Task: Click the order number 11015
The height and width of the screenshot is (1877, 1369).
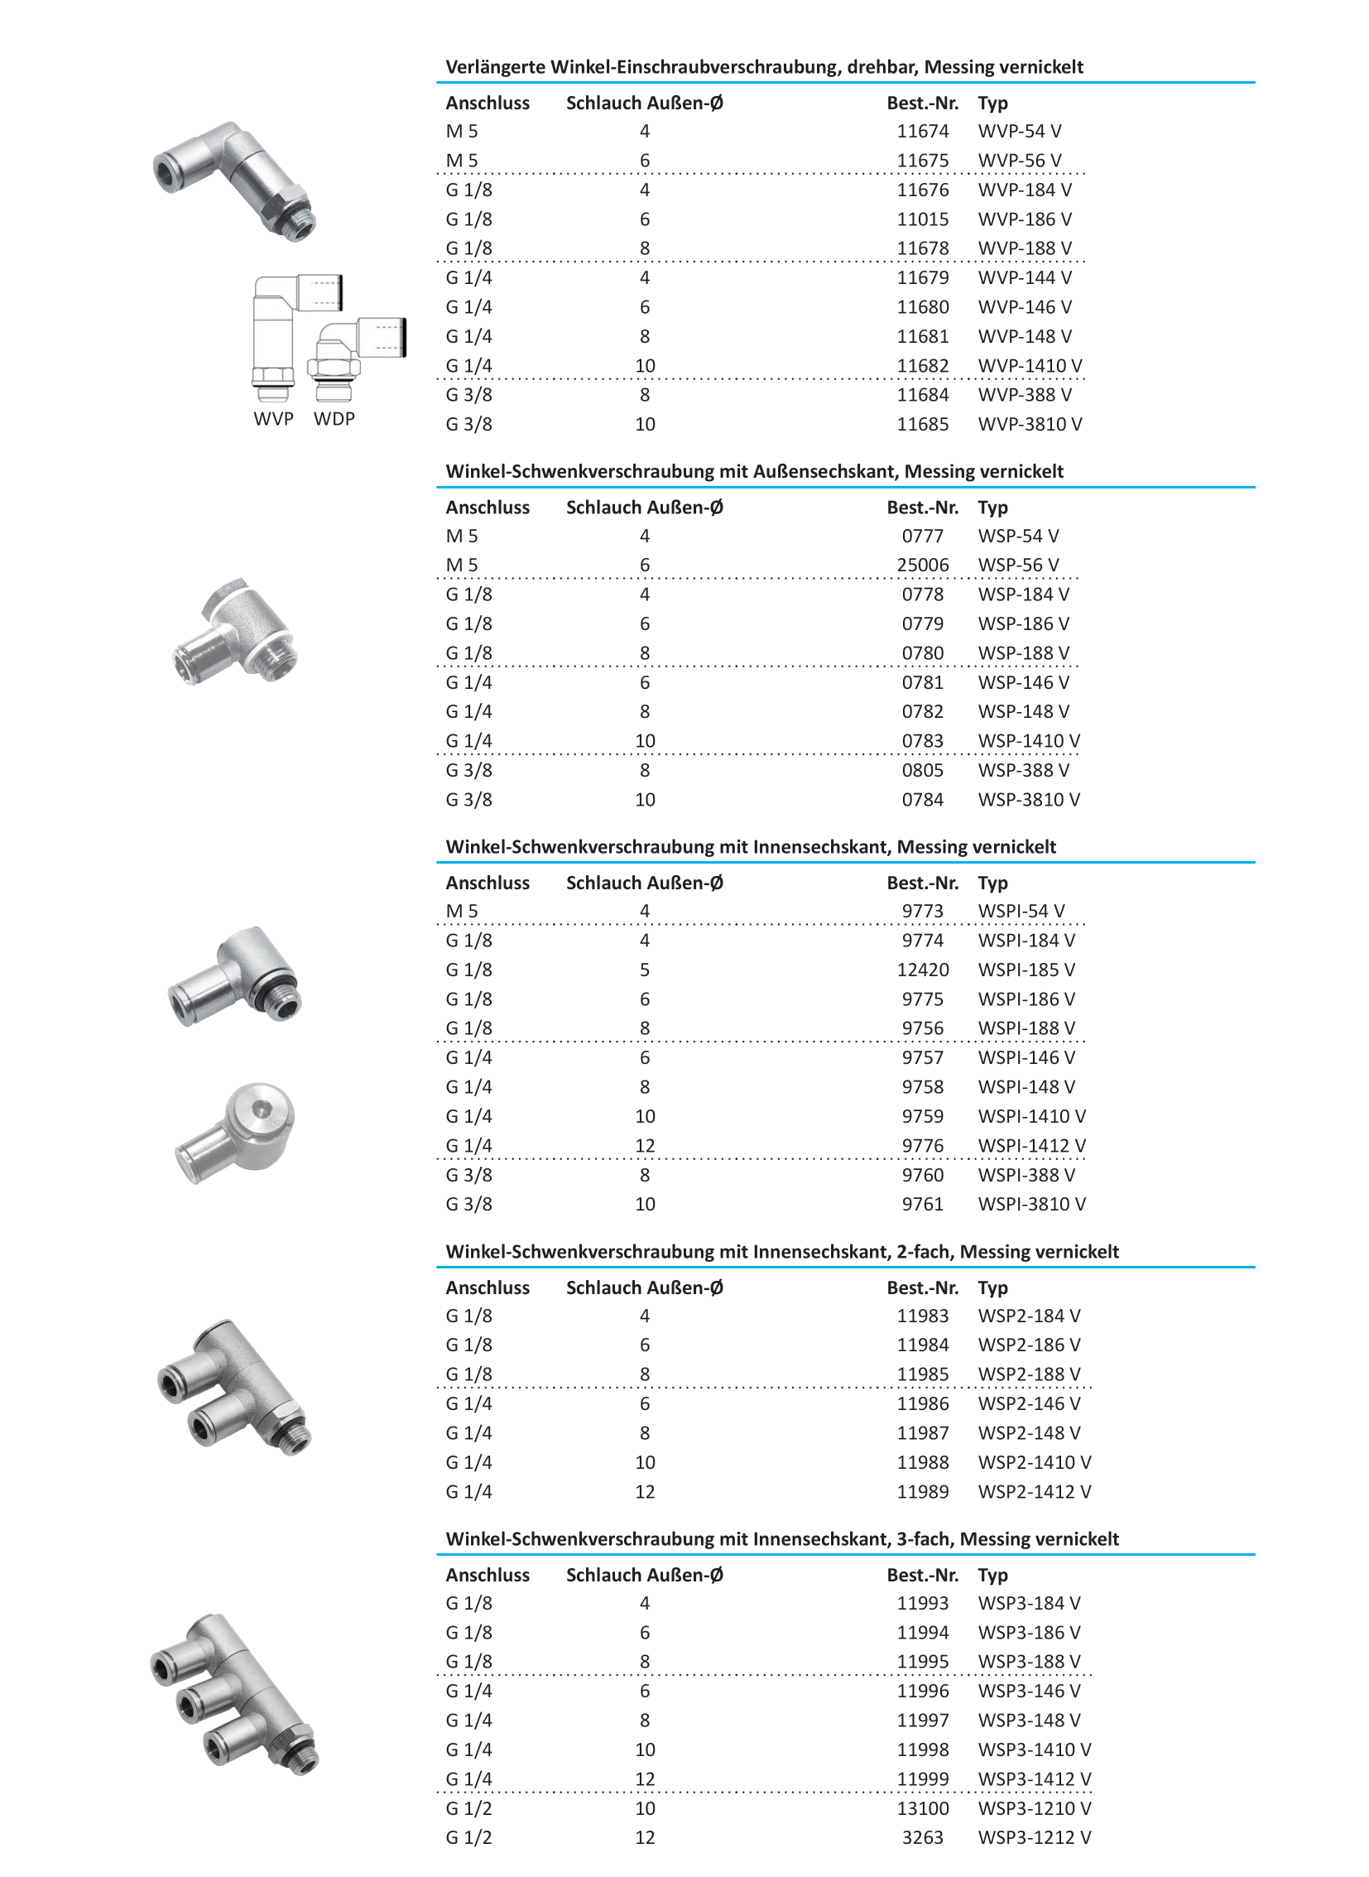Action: tap(922, 219)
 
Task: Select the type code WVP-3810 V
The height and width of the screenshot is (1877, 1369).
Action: tap(1030, 425)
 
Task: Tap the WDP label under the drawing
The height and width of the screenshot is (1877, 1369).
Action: tap(334, 419)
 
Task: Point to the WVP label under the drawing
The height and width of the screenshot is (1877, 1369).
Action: tap(273, 419)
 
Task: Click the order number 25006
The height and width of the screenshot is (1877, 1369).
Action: tap(922, 566)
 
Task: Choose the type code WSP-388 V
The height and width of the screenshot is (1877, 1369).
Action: tap(1023, 770)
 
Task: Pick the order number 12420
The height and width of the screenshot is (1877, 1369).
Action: tap(922, 970)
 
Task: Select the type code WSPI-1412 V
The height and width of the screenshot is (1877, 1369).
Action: tap(1032, 1146)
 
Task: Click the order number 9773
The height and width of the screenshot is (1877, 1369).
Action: tap(922, 911)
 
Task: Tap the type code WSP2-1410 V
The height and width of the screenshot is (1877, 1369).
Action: tap(1035, 1462)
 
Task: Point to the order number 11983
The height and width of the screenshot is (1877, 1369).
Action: tap(922, 1316)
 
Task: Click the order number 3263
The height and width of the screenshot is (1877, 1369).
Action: tap(922, 1838)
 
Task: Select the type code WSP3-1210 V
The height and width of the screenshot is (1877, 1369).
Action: tap(1035, 1808)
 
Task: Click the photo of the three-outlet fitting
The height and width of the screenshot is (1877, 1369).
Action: tap(233, 1695)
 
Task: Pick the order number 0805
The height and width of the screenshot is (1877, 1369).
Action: tap(922, 770)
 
